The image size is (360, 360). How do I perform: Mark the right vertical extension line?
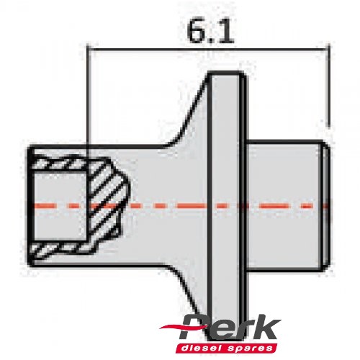328,86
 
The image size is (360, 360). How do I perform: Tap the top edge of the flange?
227,73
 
